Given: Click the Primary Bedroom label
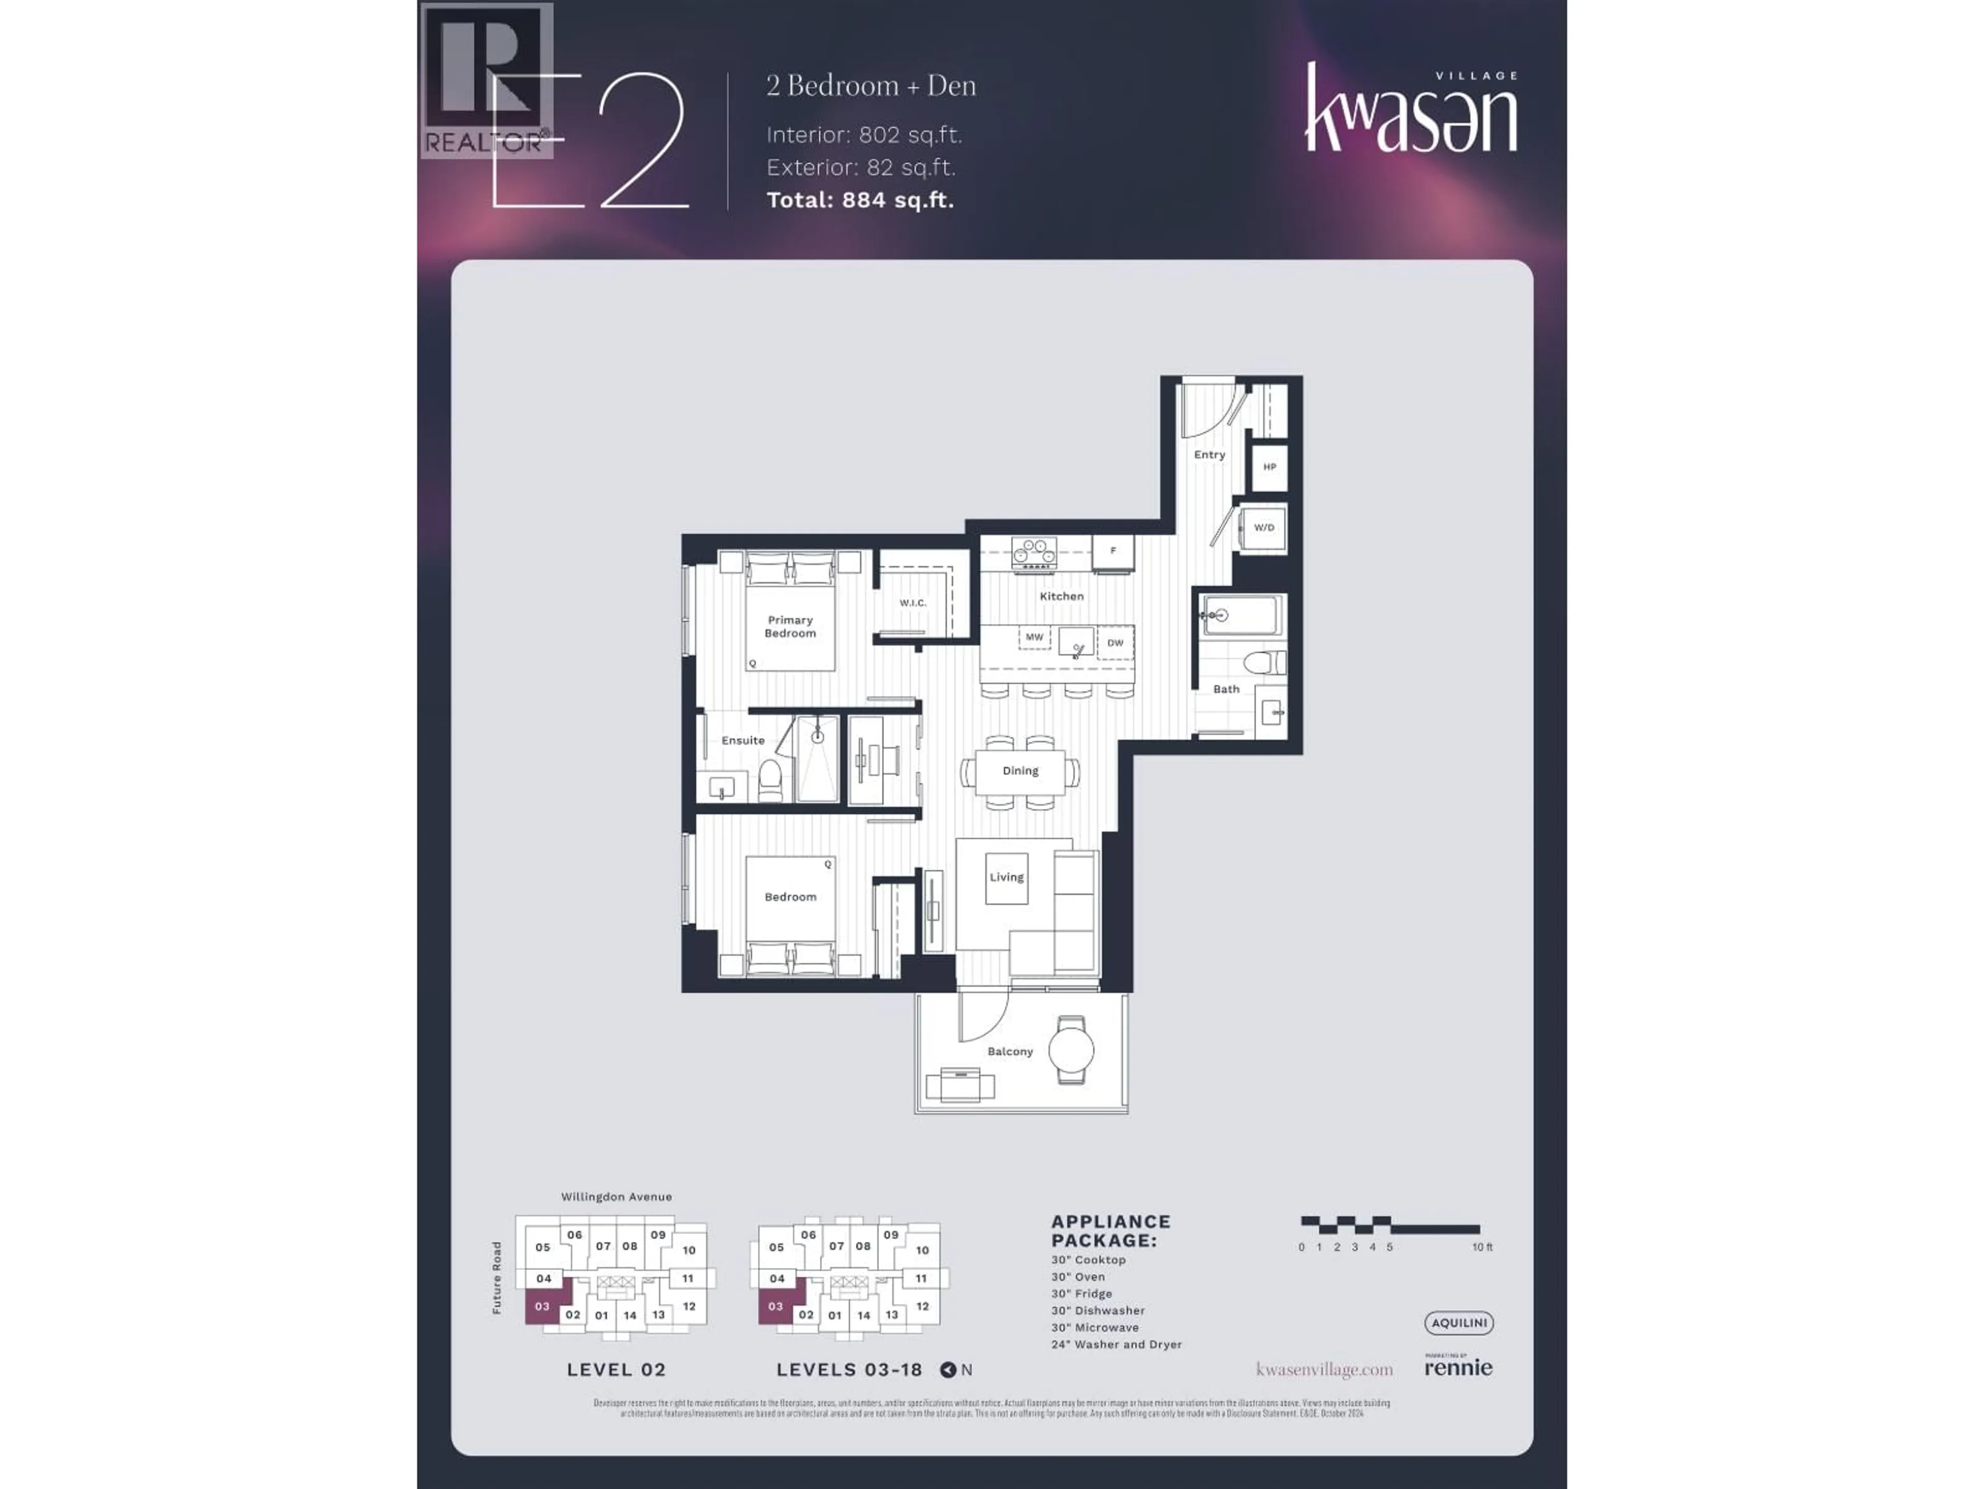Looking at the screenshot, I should coord(790,627).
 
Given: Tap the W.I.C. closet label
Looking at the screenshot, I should coord(912,602).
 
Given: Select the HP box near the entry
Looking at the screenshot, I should coord(1269,467).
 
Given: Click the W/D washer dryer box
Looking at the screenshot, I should coord(1263,528).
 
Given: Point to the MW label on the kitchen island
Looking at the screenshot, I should coord(1034,637).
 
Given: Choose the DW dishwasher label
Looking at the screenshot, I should coord(1114,643).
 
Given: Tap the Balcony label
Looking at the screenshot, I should coord(1010,1051).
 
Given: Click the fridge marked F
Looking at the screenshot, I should coord(1113,551).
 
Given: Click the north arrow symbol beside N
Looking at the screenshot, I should coord(948,1370).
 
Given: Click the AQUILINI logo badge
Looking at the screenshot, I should coord(1458,1323).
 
